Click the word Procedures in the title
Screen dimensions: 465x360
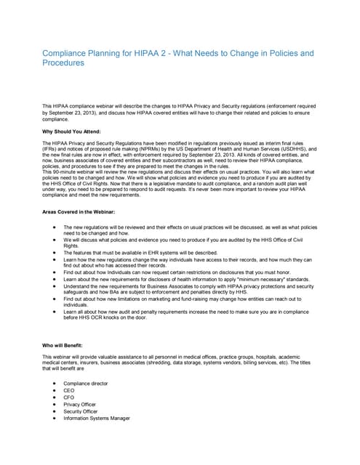pyautogui.click(x=63, y=64)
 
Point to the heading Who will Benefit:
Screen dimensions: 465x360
pyautogui.click(x=63, y=344)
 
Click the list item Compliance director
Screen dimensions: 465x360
pyautogui.click(x=85, y=382)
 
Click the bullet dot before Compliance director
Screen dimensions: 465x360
pyautogui.click(x=55, y=382)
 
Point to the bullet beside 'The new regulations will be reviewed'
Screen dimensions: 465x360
pyautogui.click(x=55, y=227)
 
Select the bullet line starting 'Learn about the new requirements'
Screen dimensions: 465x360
pyautogui.click(x=182, y=278)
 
